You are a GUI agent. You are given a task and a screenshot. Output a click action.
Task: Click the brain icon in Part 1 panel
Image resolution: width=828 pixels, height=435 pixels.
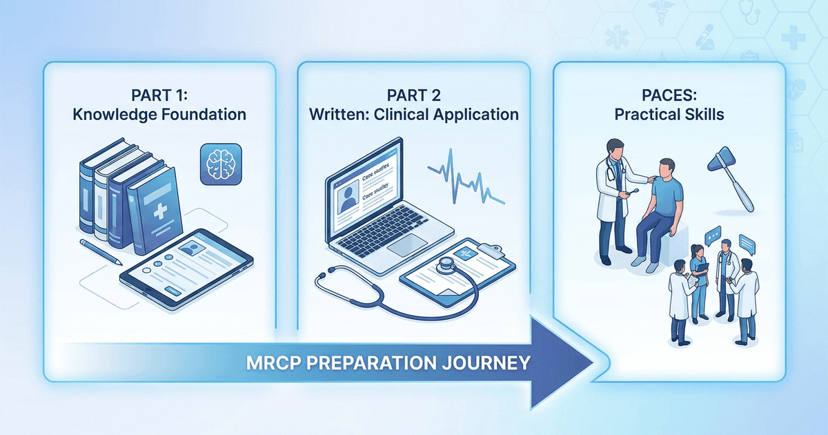pos(219,164)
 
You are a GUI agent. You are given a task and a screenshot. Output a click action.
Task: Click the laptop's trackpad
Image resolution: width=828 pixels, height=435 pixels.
pos(408,243)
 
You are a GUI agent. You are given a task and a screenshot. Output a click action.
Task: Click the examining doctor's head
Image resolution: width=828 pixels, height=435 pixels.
pos(615,149)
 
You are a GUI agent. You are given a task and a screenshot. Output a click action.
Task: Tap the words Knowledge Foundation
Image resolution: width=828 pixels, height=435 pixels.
pos(159,115)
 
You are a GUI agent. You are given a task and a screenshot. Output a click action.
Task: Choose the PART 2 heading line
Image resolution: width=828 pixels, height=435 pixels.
pos(413,94)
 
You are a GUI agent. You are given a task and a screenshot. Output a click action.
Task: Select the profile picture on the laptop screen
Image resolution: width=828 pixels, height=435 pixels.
pos(346,198)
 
